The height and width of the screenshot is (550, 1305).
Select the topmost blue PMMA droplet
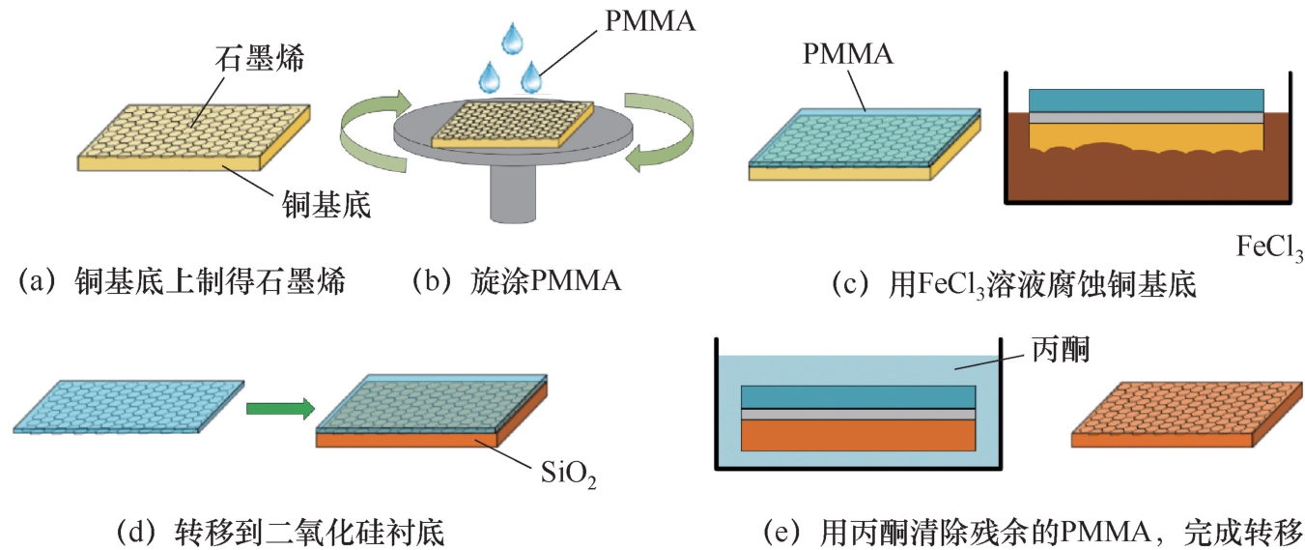coord(511,39)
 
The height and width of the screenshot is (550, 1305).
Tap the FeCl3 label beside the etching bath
coord(1269,248)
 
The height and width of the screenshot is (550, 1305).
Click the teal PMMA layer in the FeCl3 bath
coord(1146,100)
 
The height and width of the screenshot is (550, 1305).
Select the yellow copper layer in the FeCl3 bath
coord(1146,136)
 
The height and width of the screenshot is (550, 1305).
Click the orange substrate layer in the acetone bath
coord(858,435)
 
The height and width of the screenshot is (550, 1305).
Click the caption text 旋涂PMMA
coord(546,283)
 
